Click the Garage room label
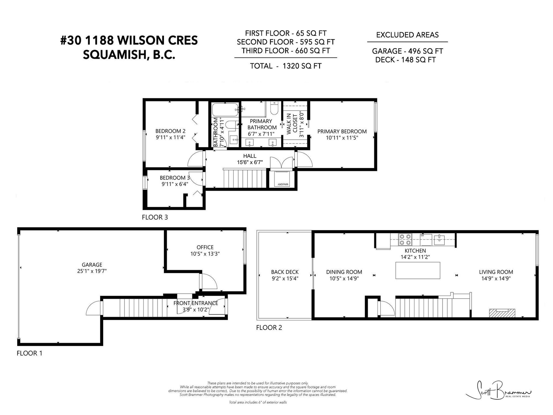click(x=92, y=265)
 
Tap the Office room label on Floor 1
click(x=205, y=247)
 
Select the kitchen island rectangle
click(x=418, y=270)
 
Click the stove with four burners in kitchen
click(x=405, y=239)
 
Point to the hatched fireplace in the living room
click(x=502, y=313)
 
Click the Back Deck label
click(x=285, y=272)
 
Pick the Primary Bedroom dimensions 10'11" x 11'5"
click(x=342, y=138)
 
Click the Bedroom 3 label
click(x=175, y=178)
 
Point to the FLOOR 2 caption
click(x=269, y=327)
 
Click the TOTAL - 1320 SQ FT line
click(x=286, y=66)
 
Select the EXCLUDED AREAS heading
click(x=408, y=35)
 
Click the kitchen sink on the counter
click(x=440, y=239)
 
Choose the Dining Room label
click(x=344, y=272)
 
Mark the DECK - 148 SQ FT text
click(x=406, y=60)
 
